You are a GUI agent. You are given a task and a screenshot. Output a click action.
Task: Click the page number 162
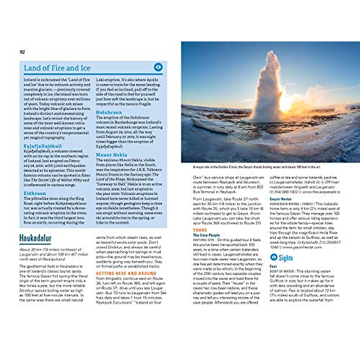[22, 52]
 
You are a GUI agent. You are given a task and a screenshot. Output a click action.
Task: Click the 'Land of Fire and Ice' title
[57, 68]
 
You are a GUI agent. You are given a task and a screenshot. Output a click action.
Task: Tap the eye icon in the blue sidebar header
[158, 67]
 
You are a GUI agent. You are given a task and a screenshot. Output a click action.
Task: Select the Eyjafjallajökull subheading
[43, 146]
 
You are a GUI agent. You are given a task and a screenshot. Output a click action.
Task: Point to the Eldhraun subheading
[35, 193]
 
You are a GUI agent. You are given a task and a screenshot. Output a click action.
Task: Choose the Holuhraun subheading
[109, 112]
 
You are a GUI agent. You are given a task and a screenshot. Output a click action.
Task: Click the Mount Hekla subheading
[112, 155]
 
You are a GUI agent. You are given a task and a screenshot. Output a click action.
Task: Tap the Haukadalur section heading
[35, 238]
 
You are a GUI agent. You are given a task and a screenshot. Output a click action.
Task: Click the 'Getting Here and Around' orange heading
[126, 273]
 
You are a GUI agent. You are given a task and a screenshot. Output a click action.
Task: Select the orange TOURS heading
[200, 230]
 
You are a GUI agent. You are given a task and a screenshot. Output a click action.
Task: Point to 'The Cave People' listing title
[206, 235]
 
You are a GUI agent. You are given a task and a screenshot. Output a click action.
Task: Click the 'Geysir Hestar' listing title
[280, 199]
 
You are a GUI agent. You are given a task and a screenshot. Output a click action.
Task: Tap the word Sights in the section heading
[286, 258]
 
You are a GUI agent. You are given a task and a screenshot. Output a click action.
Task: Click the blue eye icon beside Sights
[274, 257]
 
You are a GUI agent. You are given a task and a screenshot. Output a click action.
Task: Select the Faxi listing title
[273, 266]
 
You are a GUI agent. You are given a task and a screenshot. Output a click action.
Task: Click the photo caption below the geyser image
[256, 167]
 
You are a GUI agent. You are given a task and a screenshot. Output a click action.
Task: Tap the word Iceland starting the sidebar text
[30, 80]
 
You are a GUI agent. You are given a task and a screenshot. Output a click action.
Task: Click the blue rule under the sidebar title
[93, 74]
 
